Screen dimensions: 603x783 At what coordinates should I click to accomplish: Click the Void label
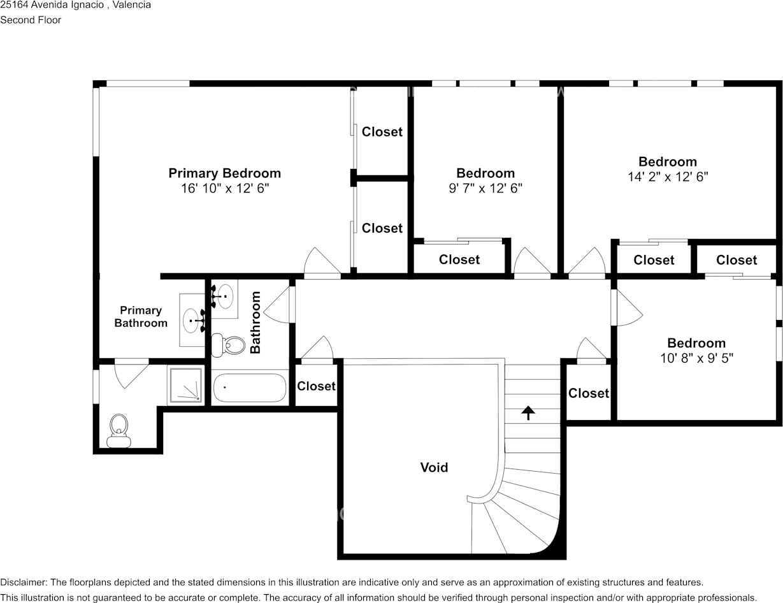pyautogui.click(x=434, y=467)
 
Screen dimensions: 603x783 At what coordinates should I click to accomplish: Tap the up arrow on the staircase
pyautogui.click(x=528, y=413)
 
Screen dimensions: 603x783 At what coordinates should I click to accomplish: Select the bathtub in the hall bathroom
pyautogui.click(x=249, y=388)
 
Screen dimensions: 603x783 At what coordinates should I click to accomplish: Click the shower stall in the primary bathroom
pyautogui.click(x=186, y=385)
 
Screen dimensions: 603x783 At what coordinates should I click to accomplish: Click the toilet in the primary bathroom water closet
pyautogui.click(x=119, y=430)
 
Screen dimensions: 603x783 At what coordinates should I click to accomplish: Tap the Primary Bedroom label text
pyautogui.click(x=224, y=173)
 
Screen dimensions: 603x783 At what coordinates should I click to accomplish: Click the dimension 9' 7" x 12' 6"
pyautogui.click(x=485, y=189)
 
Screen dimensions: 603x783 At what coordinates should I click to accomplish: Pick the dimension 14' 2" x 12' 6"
pyautogui.click(x=668, y=177)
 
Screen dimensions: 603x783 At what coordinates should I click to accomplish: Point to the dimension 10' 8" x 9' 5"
pyautogui.click(x=696, y=358)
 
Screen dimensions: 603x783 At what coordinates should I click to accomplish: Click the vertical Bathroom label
pyautogui.click(x=255, y=322)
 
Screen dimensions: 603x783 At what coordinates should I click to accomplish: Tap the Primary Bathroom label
pyautogui.click(x=141, y=317)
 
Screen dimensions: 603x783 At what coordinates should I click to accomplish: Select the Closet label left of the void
pyautogui.click(x=316, y=386)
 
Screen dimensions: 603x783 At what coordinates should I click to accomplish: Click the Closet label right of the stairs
pyautogui.click(x=588, y=393)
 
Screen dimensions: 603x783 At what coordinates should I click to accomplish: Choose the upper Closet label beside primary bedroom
pyautogui.click(x=382, y=132)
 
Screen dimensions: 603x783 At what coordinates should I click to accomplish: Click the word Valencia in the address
pyautogui.click(x=132, y=5)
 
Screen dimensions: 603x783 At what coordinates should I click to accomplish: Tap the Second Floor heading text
pyautogui.click(x=31, y=20)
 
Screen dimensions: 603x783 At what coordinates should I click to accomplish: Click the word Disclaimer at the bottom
pyautogui.click(x=22, y=583)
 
